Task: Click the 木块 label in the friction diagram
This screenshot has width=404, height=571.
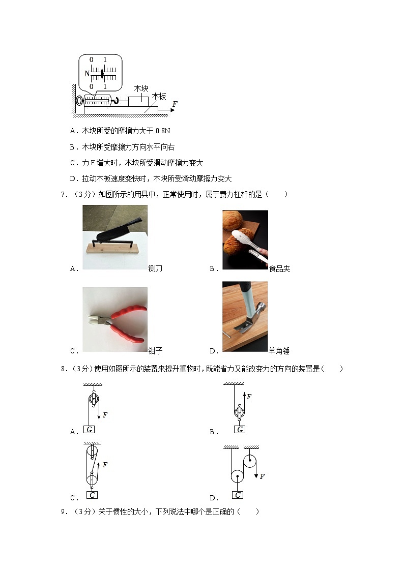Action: click(x=141, y=88)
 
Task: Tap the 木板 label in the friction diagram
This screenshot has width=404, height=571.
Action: click(x=159, y=96)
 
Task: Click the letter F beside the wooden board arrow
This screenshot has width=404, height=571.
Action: click(x=175, y=104)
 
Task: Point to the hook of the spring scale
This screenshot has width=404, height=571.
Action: click(x=116, y=101)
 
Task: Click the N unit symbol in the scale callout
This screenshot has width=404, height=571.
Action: click(x=87, y=74)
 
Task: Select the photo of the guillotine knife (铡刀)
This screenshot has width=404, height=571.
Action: click(x=114, y=237)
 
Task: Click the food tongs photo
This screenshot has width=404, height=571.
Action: click(x=245, y=239)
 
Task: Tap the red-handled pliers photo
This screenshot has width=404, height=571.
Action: click(x=114, y=319)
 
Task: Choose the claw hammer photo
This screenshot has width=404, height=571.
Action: click(x=245, y=316)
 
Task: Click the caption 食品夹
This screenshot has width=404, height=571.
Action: click(x=279, y=268)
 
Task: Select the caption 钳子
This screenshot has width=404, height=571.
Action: click(x=155, y=351)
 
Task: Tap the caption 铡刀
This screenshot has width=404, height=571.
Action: click(x=155, y=268)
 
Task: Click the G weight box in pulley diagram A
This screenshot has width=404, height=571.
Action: click(x=90, y=429)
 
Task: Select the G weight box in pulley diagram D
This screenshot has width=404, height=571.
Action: click(x=238, y=495)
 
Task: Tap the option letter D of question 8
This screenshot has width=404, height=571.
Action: click(x=213, y=498)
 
